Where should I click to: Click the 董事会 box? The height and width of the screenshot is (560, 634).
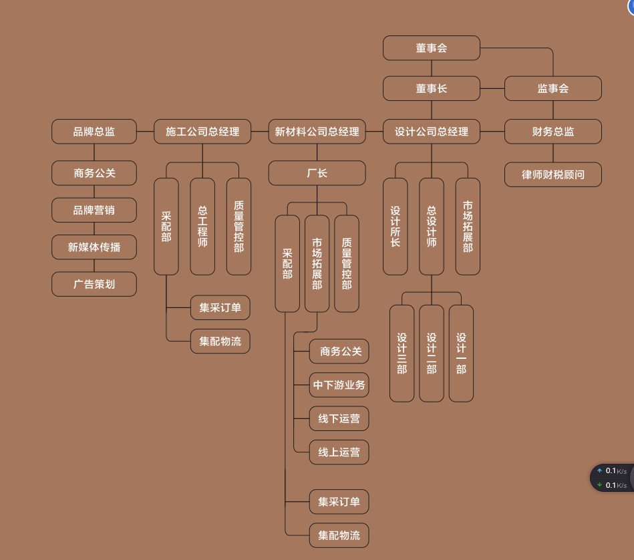[432, 48]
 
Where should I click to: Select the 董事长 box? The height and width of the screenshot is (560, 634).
[432, 89]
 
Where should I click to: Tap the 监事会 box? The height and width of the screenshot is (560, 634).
[552, 89]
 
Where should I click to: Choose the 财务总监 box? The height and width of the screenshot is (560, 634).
[552, 132]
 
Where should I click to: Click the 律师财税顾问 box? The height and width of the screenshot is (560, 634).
[552, 174]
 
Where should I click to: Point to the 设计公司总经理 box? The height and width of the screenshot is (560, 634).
[432, 132]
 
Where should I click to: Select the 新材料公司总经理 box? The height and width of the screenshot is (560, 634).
[317, 132]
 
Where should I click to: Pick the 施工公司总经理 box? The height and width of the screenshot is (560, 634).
[202, 132]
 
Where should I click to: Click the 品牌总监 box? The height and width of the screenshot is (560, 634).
[94, 132]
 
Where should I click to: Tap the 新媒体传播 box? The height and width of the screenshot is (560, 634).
[94, 247]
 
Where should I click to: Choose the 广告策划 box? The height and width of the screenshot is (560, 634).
[94, 284]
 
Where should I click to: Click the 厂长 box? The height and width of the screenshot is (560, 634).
[317, 173]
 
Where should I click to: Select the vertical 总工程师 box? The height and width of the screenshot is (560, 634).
[202, 227]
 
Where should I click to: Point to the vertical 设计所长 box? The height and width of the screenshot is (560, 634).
[395, 227]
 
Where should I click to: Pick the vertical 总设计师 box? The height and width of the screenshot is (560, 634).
[432, 227]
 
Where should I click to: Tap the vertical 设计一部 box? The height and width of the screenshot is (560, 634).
[462, 354]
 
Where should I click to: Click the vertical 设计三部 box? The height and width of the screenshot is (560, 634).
[402, 354]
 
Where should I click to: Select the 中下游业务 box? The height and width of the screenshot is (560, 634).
[339, 385]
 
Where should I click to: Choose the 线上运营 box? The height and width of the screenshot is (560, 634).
[339, 452]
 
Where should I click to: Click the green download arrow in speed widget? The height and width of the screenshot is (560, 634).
[599, 484]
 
